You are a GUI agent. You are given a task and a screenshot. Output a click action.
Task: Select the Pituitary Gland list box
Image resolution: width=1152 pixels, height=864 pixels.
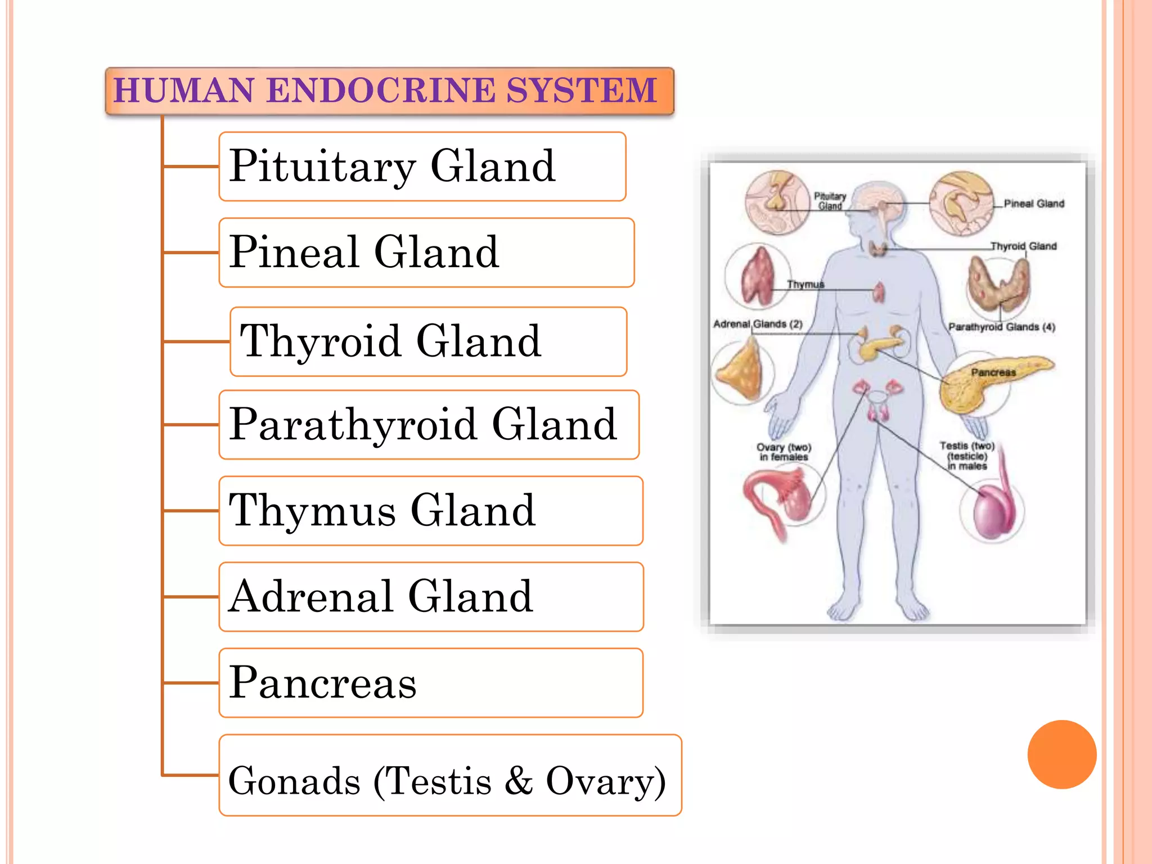[x=422, y=166]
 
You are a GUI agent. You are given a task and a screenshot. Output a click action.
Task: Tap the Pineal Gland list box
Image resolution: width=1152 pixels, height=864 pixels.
[x=426, y=253]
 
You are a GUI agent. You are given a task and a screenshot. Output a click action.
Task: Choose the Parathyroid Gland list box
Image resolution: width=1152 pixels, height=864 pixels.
[x=429, y=425]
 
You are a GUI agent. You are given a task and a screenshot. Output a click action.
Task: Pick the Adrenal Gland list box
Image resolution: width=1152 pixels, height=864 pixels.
[x=431, y=597]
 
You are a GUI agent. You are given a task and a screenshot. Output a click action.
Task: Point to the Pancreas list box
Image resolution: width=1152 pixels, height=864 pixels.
[x=431, y=683]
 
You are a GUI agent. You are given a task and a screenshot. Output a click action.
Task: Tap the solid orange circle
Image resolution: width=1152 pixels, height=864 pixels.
[x=1061, y=754]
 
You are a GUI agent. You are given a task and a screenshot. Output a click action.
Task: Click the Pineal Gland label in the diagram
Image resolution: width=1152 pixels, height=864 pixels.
[x=1034, y=204]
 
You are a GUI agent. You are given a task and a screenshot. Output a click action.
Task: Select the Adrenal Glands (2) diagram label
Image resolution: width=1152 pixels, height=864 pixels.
[x=758, y=324]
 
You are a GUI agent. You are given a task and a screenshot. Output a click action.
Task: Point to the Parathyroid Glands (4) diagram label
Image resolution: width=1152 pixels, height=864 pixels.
[x=1001, y=327]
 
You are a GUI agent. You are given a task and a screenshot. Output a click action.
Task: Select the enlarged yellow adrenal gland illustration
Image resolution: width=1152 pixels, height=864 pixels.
[x=740, y=371]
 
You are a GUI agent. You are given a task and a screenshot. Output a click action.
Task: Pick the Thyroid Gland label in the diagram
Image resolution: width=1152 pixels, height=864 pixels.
[x=1024, y=246]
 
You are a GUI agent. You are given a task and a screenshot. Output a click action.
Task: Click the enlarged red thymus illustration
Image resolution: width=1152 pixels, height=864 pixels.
[x=757, y=277]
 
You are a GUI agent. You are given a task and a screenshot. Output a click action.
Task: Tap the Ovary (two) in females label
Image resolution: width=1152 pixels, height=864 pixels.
[x=784, y=452]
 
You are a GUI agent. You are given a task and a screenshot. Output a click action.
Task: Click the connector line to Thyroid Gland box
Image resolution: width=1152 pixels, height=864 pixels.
[x=196, y=341]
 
